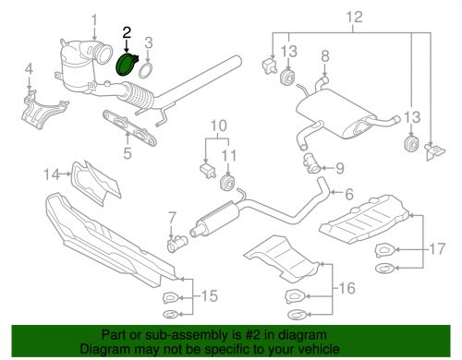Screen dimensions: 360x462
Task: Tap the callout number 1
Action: click(x=93, y=19)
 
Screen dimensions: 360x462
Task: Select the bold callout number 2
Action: click(x=128, y=32)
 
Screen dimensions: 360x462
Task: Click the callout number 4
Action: click(x=29, y=68)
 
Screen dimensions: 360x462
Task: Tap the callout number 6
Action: click(x=349, y=195)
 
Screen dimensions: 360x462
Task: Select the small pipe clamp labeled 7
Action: click(x=175, y=242)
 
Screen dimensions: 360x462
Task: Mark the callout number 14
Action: click(x=52, y=173)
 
